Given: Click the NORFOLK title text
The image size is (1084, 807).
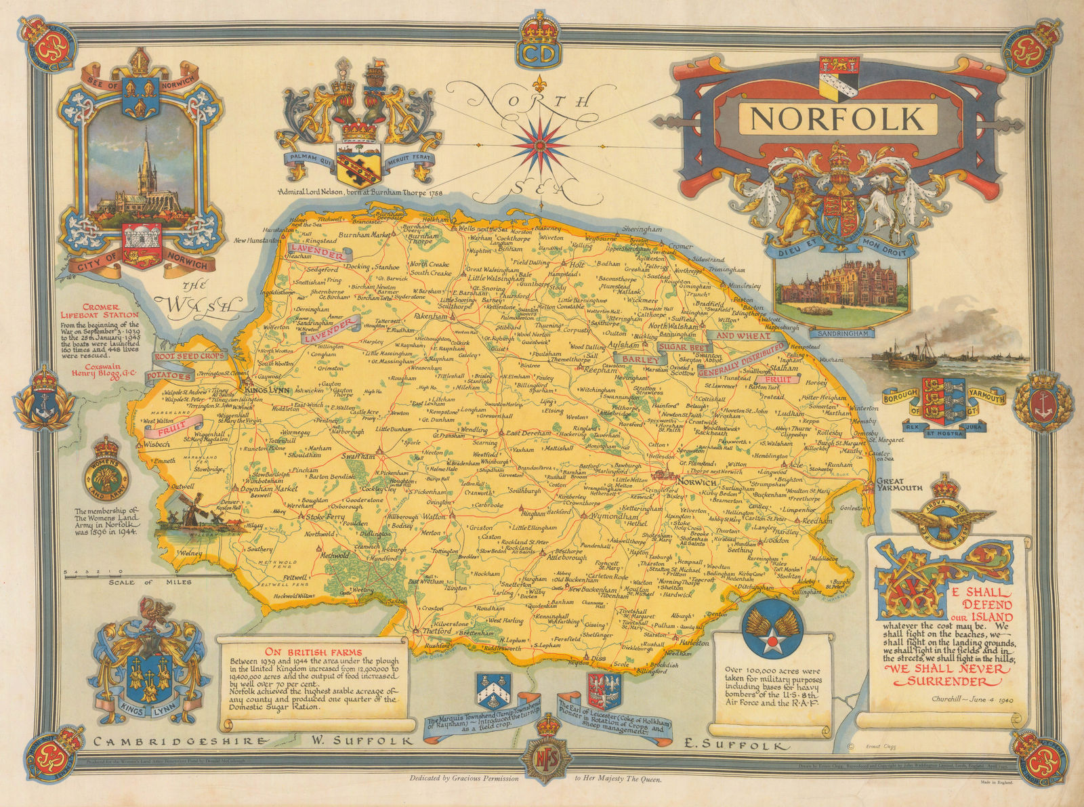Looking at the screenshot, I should coord(837,119).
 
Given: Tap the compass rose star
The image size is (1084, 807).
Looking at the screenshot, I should coord(540,144).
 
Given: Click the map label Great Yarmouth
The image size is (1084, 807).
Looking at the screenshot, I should coord(898,483).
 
